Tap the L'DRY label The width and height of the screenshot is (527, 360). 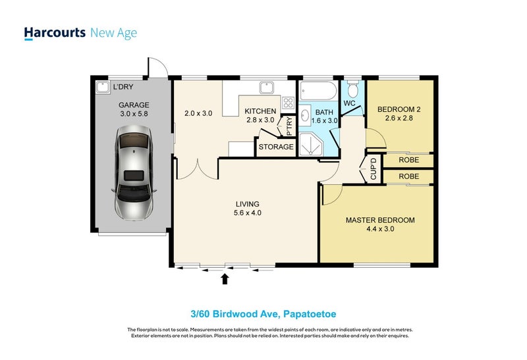point(123,87)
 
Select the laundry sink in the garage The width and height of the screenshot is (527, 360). point(103,87)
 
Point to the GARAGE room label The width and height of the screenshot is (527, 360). point(134,105)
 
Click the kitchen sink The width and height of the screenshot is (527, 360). point(267,88)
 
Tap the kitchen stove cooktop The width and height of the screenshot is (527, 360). point(288,103)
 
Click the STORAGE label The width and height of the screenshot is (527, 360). point(276,147)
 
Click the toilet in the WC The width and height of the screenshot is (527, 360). point(353,90)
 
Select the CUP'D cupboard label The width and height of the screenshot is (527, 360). point(373,169)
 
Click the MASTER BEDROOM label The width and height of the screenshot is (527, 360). point(380,220)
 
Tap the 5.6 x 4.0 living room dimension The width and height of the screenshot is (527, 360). point(247,213)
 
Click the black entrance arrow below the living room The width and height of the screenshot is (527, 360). point(225,279)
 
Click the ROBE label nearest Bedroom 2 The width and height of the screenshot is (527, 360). point(408,159)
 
